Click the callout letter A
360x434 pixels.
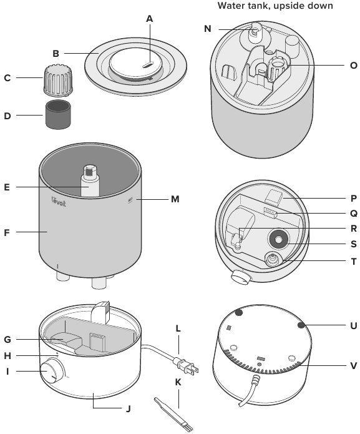coord(150,19)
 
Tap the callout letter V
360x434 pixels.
coord(354,366)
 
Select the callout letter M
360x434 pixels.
coord(175,199)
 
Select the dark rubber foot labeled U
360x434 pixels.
coord(302,325)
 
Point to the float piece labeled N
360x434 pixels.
coord(255,31)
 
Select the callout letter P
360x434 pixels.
coord(354,197)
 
